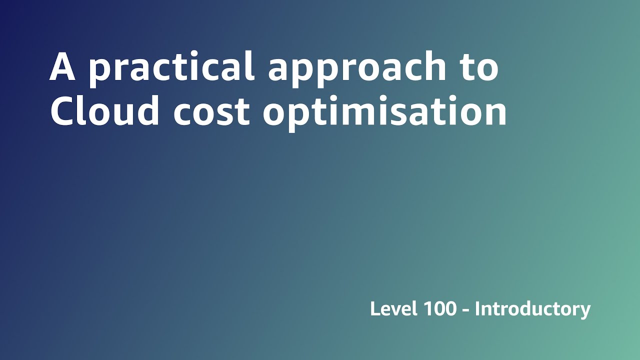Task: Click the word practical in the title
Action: [x=171, y=67]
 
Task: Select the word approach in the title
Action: [x=356, y=67]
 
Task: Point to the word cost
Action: [x=211, y=111]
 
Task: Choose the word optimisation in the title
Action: [x=385, y=111]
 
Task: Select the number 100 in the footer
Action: [x=439, y=309]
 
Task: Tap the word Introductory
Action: [x=532, y=309]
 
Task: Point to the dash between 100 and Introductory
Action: [x=465, y=310]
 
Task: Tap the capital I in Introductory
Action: [x=477, y=308]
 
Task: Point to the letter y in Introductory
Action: [x=585, y=311]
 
